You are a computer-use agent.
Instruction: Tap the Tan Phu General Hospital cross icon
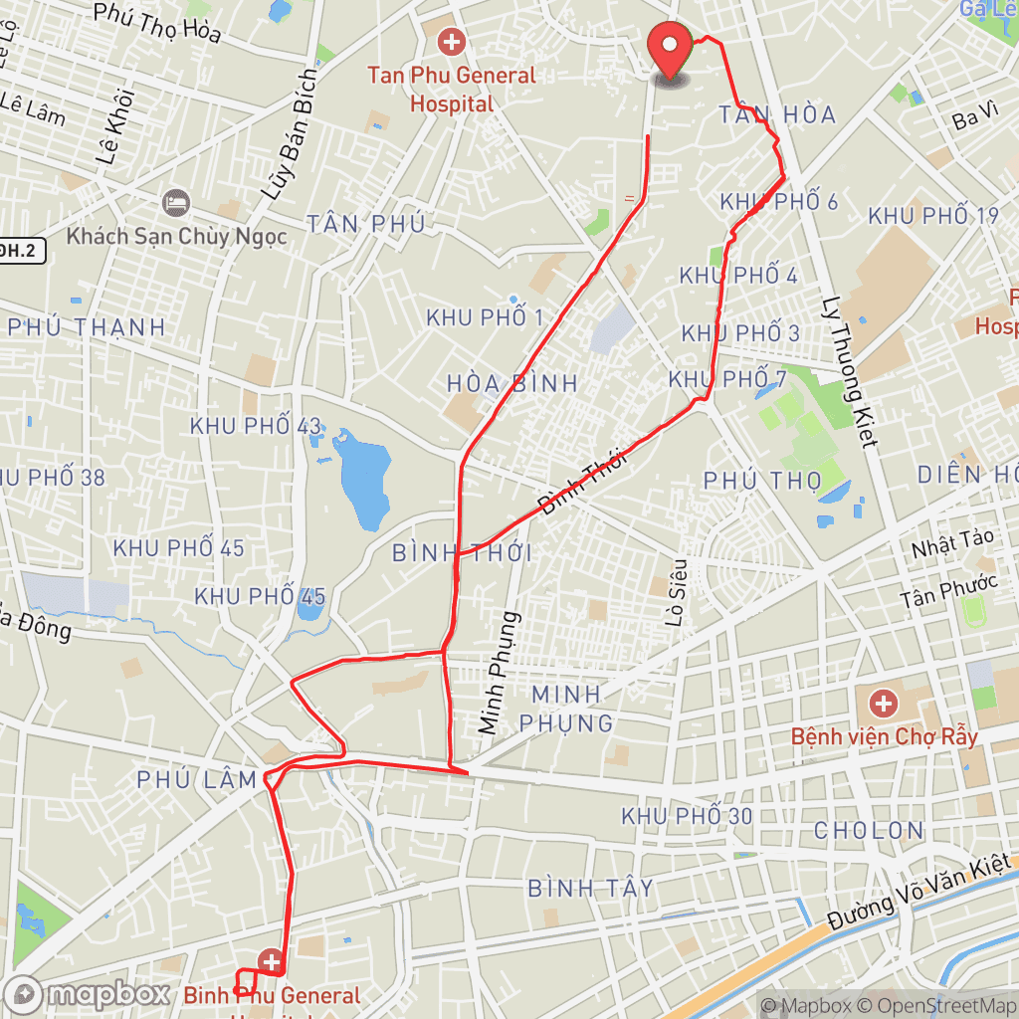452,42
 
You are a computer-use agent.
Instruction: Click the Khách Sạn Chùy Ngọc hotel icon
176,202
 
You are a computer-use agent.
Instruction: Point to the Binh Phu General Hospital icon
271,961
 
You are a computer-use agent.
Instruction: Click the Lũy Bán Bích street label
290,134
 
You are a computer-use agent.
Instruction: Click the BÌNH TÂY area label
590,888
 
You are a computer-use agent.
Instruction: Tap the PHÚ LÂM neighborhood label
199,780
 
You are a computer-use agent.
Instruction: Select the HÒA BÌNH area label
512,383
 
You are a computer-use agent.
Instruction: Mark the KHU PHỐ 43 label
256,426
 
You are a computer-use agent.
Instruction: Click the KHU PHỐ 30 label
687,816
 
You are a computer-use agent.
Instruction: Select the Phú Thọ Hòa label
156,22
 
